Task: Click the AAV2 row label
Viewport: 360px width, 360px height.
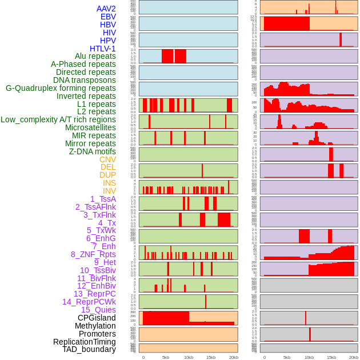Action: click(106, 9)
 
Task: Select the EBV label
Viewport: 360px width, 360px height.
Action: click(108, 17)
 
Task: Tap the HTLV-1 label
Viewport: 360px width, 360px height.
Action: click(103, 49)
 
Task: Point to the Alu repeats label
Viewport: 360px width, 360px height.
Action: click(95, 57)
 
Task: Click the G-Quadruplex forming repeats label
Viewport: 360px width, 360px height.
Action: click(61, 88)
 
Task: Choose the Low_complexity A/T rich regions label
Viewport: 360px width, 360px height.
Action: click(58, 119)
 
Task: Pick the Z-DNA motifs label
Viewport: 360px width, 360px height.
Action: click(93, 151)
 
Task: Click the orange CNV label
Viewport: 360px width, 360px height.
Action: click(107, 159)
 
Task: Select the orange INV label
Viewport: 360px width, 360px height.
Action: click(109, 191)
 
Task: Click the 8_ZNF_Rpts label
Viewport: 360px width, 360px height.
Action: click(93, 254)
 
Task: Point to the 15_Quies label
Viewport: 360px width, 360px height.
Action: click(98, 310)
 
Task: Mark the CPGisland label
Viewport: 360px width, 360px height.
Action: click(97, 318)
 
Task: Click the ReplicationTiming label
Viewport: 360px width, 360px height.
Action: click(85, 342)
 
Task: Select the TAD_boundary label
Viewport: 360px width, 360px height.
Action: click(89, 349)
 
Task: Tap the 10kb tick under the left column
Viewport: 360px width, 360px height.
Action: click(189, 358)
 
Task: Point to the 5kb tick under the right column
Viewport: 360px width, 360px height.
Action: click(287, 358)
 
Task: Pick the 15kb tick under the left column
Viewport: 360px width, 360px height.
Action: click(211, 358)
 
